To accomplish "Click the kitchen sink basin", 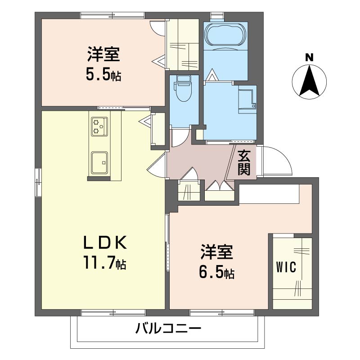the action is [99, 162].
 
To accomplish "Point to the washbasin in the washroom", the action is [247, 99].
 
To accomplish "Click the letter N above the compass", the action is [309, 58].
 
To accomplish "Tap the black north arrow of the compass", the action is [309, 81].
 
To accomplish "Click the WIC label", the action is [286, 267].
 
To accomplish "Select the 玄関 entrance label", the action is [244, 162].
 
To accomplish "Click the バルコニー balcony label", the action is [168, 328].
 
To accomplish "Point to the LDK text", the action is [105, 243].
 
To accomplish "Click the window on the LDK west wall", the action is [38, 182].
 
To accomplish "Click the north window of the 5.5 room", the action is [113, 15].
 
